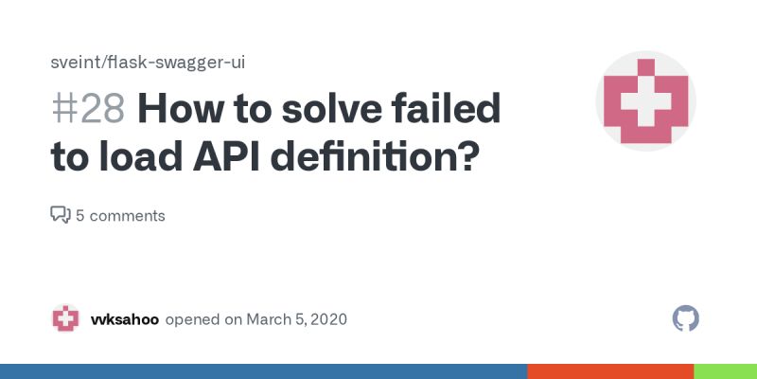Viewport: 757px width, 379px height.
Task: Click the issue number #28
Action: click(87, 111)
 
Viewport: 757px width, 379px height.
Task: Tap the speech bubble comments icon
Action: click(60, 215)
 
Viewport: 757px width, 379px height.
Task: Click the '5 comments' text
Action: click(120, 216)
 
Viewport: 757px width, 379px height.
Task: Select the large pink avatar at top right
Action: click(645, 102)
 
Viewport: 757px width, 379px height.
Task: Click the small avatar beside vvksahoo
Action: click(65, 318)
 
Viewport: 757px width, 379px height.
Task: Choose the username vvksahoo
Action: click(124, 319)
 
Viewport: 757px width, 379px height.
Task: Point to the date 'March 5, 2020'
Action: click(296, 319)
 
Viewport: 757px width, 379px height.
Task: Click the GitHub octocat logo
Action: click(685, 318)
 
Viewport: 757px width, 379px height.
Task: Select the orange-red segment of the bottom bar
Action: click(610, 371)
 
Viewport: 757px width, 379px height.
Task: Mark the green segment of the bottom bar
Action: click(725, 371)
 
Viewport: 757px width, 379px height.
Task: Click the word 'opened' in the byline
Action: click(192, 319)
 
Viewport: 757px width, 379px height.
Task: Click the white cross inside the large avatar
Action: click(645, 100)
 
